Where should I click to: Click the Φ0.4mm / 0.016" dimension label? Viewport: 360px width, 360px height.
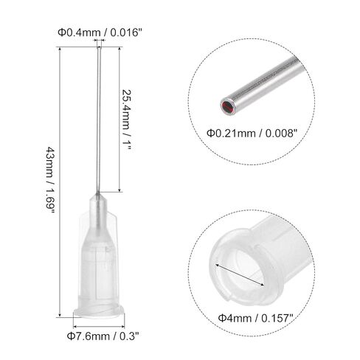(100, 32)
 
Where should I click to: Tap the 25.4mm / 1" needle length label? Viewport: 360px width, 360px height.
(127, 120)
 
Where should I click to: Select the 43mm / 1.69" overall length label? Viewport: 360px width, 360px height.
(49, 180)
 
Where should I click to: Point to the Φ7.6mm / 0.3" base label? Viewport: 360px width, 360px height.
(103, 336)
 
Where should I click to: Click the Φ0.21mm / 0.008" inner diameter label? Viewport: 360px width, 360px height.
(252, 134)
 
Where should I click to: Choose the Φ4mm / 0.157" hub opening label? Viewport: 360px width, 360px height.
(256, 319)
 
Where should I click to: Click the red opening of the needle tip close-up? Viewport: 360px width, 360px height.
(228, 107)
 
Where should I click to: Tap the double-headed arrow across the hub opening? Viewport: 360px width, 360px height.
(240, 275)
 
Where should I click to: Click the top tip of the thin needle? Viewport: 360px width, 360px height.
(99, 48)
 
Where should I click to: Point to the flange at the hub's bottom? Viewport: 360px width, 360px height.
(99, 311)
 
